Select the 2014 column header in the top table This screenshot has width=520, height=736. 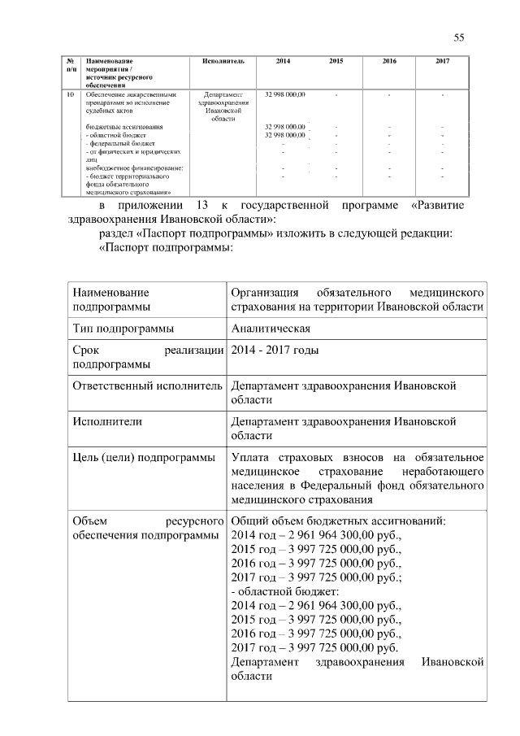(282, 62)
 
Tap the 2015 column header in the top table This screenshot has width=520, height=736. (336, 62)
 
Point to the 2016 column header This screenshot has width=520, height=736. (389, 62)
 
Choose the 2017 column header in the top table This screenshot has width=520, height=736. (442, 62)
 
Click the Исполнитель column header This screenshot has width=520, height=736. (223, 62)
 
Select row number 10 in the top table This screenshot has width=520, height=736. (70, 95)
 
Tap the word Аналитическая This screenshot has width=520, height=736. (271, 329)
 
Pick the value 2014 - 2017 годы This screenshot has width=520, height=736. (275, 351)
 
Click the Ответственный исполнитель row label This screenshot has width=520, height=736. (147, 385)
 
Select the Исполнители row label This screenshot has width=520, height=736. (107, 422)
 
